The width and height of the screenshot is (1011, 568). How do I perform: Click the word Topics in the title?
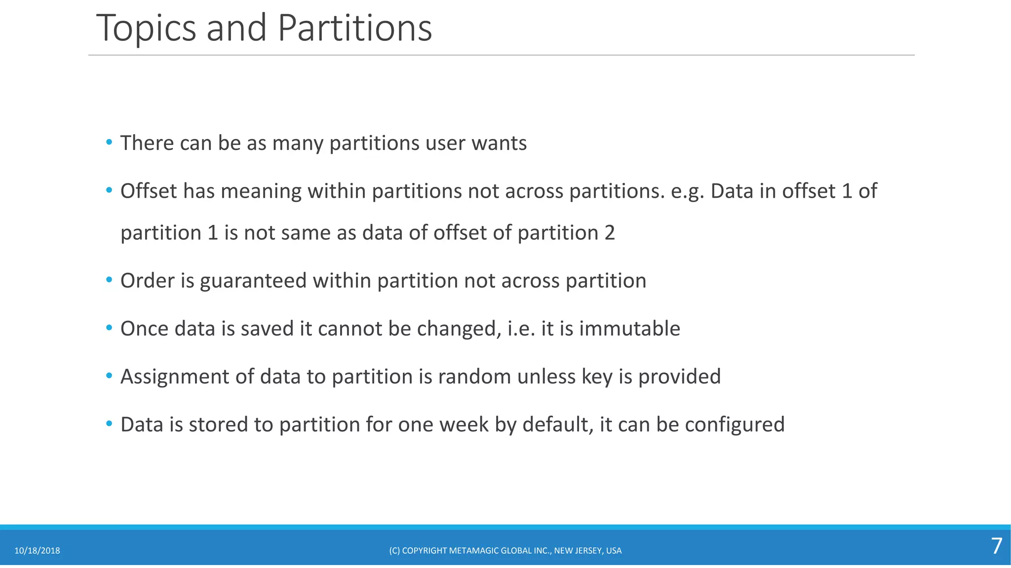pos(146,29)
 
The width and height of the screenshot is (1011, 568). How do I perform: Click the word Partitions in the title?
pos(354,29)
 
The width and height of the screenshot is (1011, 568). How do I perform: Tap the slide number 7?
pos(996,546)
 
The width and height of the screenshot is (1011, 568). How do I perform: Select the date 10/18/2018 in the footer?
pos(37,551)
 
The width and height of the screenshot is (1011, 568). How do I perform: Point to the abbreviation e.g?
pos(687,191)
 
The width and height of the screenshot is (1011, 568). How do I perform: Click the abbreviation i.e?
pos(521,328)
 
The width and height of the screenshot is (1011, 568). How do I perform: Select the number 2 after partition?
pos(610,233)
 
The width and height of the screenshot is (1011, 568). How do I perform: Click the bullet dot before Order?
pos(109,280)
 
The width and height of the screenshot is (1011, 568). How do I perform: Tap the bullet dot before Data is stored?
pos(109,424)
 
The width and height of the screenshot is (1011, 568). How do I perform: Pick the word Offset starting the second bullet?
pos(148,191)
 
